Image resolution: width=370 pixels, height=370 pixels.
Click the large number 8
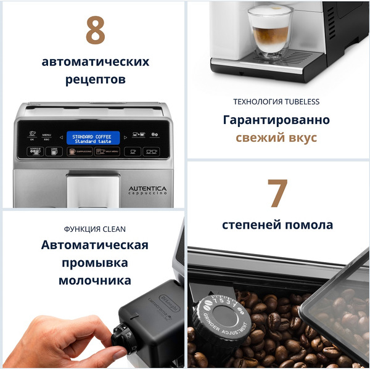click(95, 30)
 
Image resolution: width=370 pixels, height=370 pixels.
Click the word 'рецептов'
click(95, 80)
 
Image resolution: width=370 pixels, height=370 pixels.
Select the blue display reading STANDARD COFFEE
click(92, 138)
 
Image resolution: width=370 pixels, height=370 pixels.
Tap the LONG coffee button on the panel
click(54, 150)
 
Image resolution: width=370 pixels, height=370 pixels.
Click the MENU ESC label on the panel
click(47, 136)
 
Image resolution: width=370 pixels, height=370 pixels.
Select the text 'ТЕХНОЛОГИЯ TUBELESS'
click(276, 101)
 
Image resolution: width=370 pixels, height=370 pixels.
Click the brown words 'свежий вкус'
click(276, 137)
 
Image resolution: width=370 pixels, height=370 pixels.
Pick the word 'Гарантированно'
click(276, 120)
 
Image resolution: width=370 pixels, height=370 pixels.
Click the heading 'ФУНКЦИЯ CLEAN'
click(94, 228)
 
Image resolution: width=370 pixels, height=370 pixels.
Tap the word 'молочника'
click(94, 281)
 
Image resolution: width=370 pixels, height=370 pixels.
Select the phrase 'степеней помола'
click(277, 225)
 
